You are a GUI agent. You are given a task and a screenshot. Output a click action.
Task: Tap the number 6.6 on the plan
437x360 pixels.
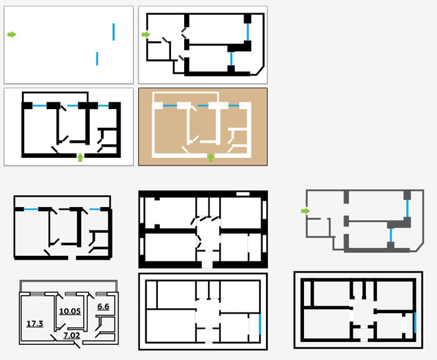click(x=104, y=307)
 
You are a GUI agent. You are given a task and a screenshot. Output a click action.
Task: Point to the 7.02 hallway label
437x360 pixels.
click(x=72, y=335)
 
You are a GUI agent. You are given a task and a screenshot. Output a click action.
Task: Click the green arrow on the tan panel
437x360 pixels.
click(x=210, y=157)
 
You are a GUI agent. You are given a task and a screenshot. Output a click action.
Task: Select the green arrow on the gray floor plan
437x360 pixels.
click(x=305, y=212)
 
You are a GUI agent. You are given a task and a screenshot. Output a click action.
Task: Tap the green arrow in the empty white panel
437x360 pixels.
click(x=12, y=35)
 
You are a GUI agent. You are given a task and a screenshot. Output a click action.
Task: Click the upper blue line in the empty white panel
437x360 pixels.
click(x=114, y=32)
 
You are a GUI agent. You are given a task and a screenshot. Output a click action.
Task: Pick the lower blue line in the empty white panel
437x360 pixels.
click(x=97, y=59)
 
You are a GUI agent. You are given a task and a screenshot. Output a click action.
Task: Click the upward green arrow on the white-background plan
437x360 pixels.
click(x=80, y=156)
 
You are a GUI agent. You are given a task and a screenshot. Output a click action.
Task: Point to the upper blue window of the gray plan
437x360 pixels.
click(x=407, y=208)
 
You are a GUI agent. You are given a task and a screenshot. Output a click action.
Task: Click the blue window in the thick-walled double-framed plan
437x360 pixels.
click(x=414, y=323)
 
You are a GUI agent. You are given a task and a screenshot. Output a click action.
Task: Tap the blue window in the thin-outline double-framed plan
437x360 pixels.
click(x=259, y=324)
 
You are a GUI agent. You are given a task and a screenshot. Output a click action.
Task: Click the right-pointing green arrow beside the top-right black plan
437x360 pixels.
click(x=146, y=35)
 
